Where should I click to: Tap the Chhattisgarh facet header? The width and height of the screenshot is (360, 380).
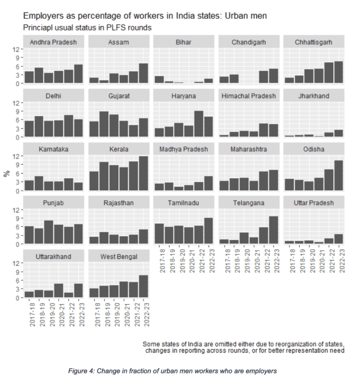tap(314, 42)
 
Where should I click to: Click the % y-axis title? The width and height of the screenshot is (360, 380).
tap(7, 173)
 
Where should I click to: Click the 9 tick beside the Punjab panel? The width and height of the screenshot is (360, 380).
tap(18, 218)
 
